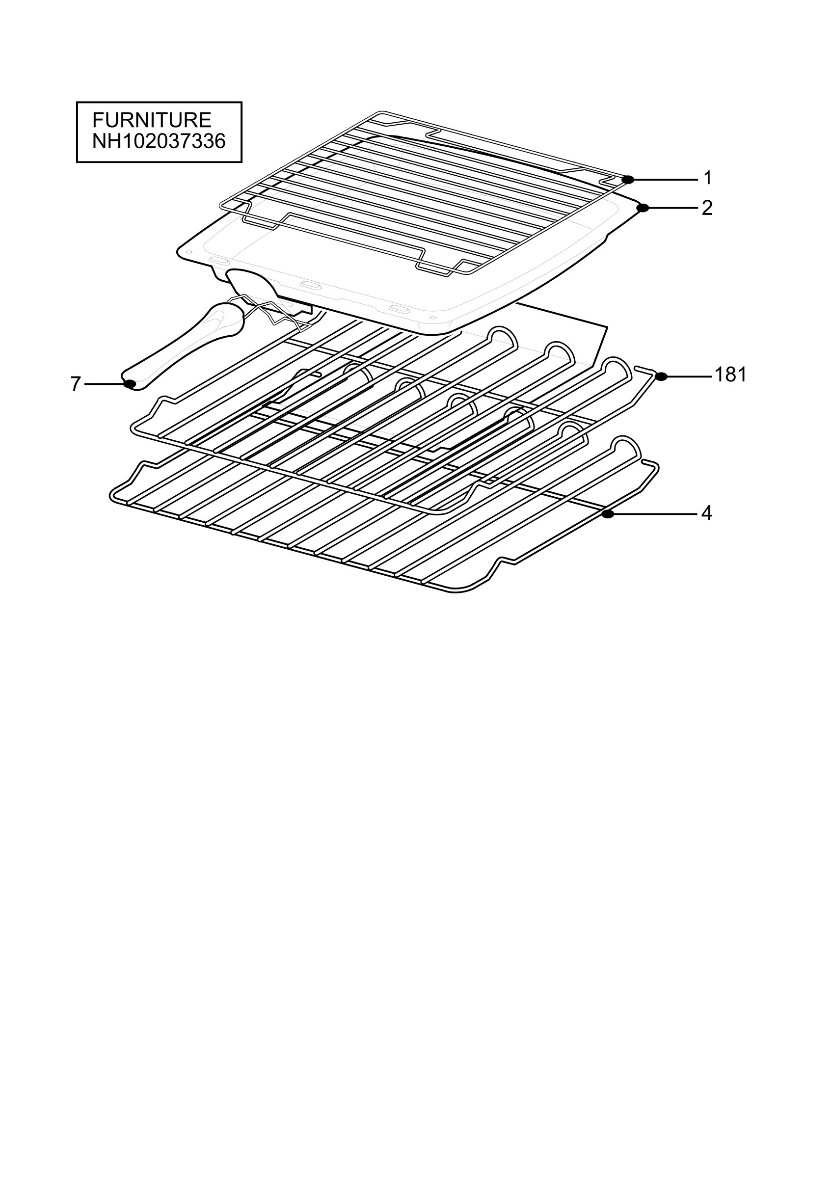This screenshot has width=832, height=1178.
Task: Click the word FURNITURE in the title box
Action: pos(152,120)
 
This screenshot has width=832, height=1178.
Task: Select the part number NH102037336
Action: pos(159,141)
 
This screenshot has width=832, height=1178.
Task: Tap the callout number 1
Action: pos(708,178)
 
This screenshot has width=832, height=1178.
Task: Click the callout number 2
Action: pos(707,208)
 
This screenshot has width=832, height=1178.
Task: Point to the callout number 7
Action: pos(76,384)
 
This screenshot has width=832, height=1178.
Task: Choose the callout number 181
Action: pos(730,375)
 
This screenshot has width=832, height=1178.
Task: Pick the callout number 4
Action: pos(707,513)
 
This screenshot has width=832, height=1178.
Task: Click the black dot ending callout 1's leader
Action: pos(628,180)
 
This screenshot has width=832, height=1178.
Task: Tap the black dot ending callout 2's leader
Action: pos(642,208)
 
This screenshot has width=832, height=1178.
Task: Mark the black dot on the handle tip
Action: pos(130,384)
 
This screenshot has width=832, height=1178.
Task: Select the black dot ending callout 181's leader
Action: pos(661,376)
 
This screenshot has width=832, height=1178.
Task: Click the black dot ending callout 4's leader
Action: pos(608,513)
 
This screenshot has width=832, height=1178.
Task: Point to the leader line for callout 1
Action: pos(666,180)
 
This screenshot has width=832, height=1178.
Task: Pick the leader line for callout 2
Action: pos(673,208)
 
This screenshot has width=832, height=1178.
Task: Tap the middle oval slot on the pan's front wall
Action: pos(310,285)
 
